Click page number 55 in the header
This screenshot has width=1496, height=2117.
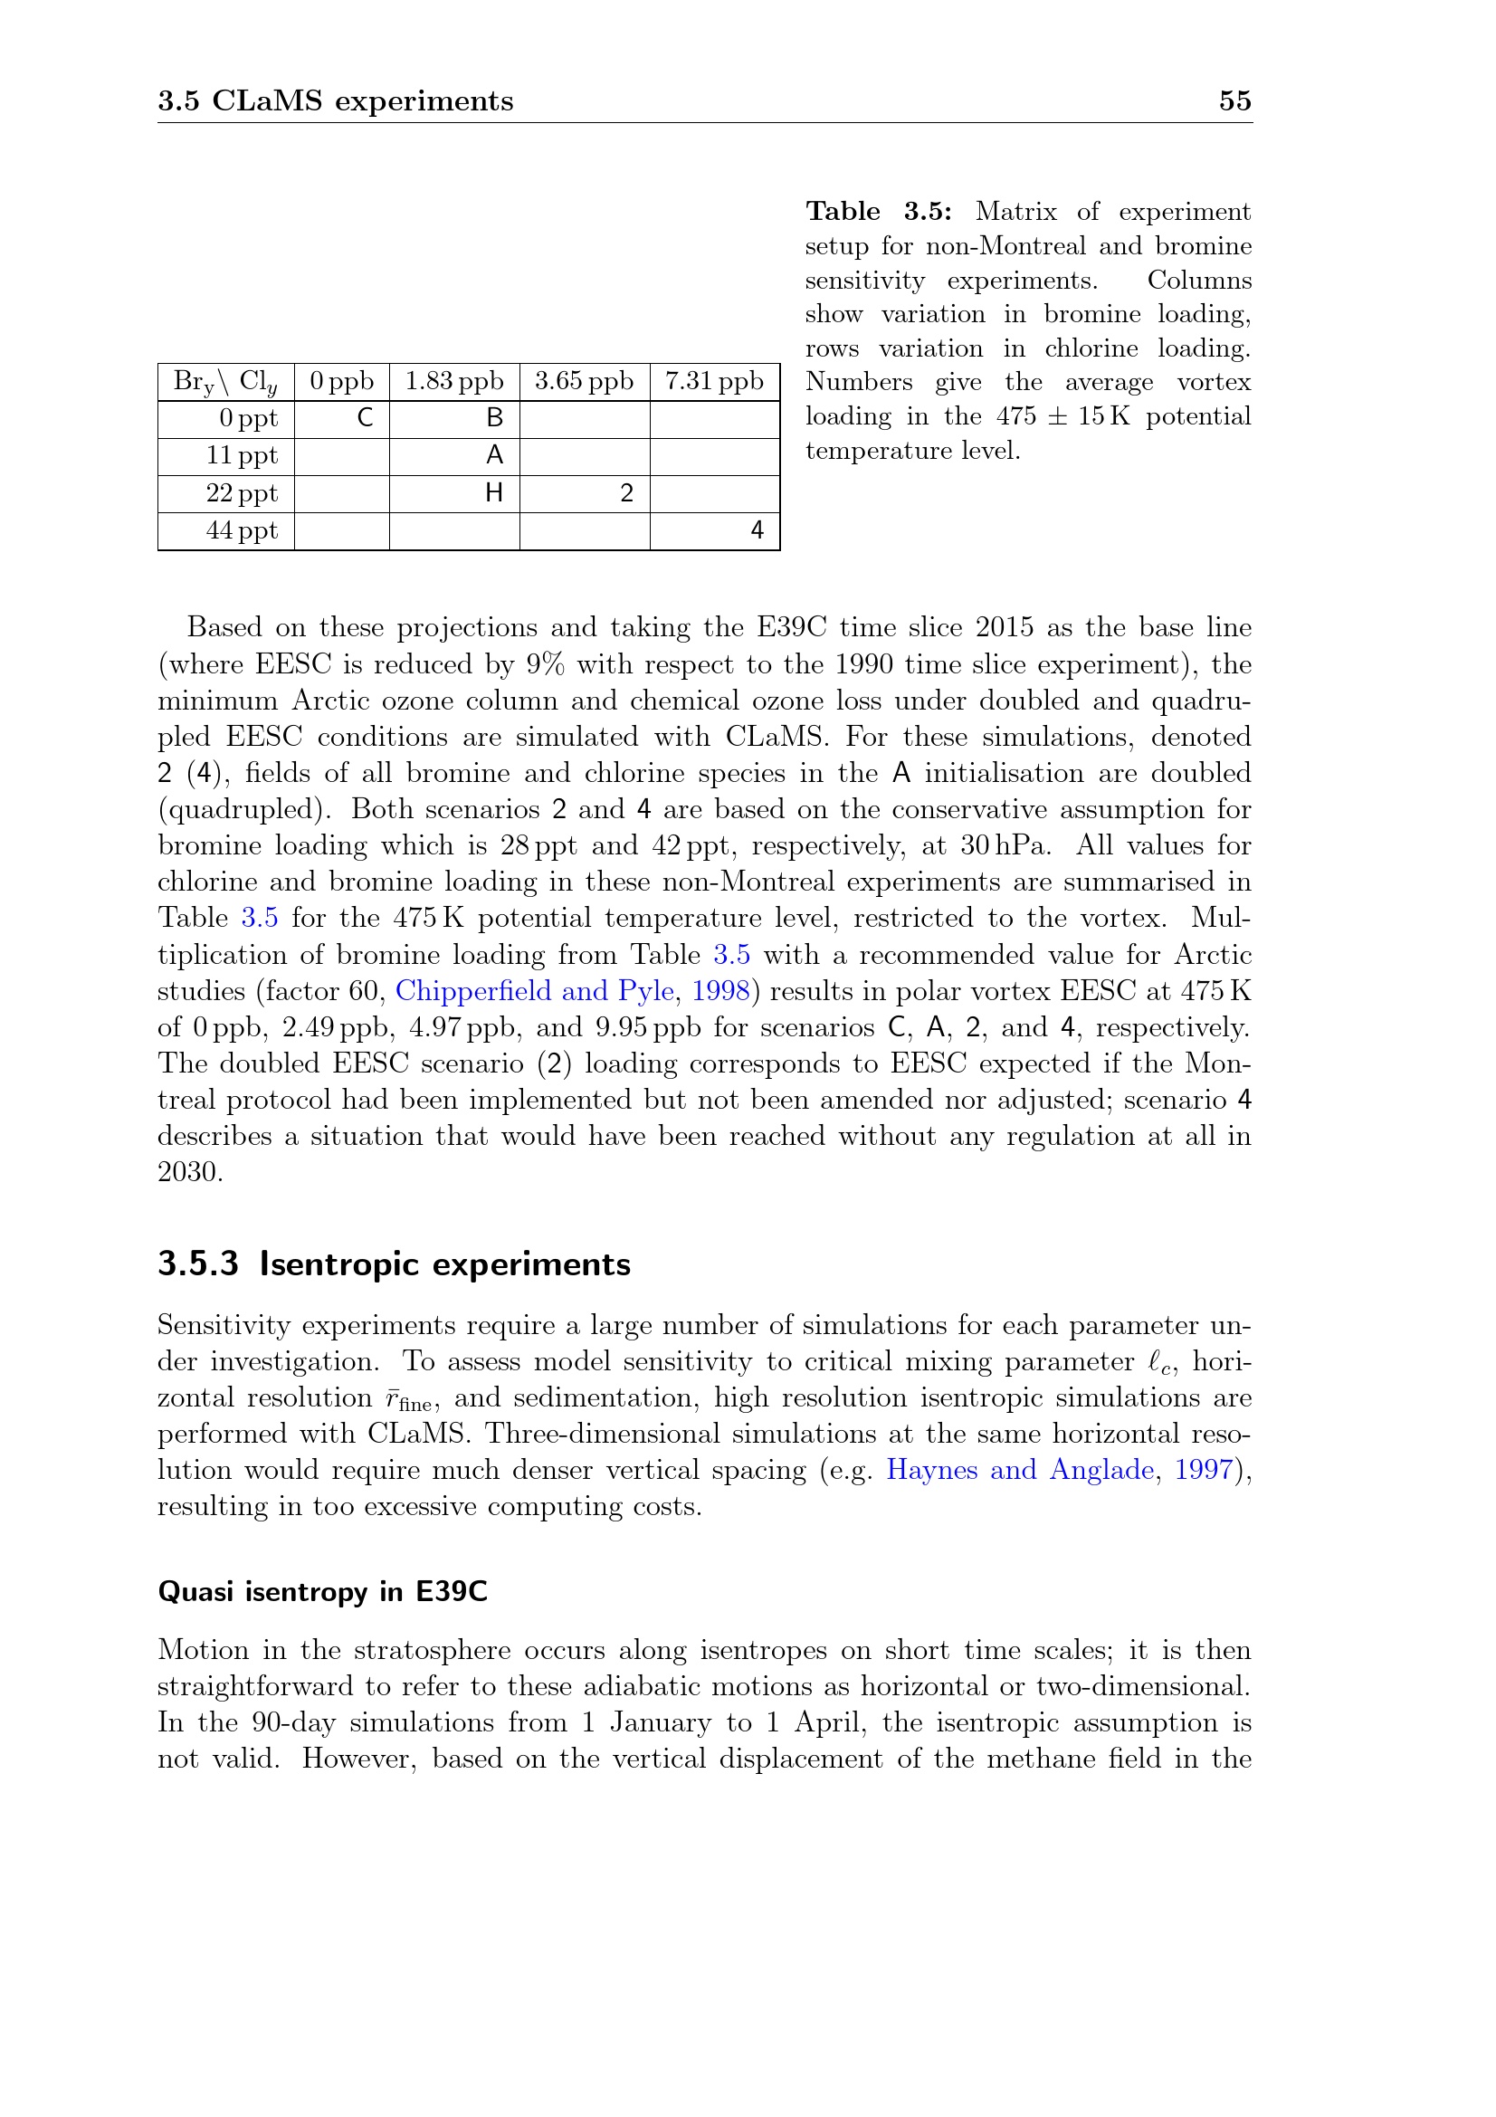[x=1234, y=100]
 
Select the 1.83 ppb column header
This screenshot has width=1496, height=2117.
[x=454, y=381]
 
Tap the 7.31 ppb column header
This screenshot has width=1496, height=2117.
[x=714, y=381]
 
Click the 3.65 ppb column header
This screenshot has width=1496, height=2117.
[x=585, y=381]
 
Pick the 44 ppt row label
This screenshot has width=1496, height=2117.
[x=242, y=531]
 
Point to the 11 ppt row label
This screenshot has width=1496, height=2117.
[x=242, y=455]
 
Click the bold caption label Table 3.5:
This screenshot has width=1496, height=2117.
[x=879, y=212]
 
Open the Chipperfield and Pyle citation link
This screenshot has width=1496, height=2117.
[x=535, y=991]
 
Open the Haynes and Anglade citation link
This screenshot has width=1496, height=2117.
[x=1019, y=1470]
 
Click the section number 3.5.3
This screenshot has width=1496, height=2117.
[x=198, y=1264]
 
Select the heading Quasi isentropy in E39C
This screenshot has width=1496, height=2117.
[x=322, y=1591]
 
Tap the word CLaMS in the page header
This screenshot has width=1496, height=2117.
[x=268, y=100]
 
